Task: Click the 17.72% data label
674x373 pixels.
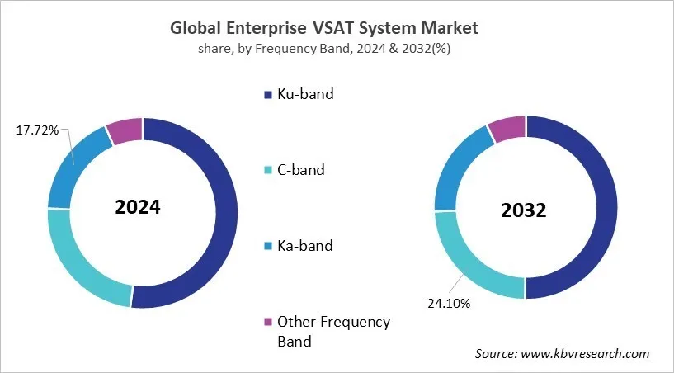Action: click(37, 130)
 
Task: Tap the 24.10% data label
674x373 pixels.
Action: click(448, 304)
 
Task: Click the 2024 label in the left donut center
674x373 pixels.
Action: click(138, 207)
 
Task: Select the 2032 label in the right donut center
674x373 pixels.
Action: click(524, 210)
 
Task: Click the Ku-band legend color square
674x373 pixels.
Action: click(268, 95)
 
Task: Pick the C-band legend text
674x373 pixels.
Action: click(301, 171)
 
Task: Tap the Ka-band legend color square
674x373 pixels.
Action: click(268, 247)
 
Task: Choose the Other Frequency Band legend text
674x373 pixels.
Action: click(333, 331)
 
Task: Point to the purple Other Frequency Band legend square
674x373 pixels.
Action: click(268, 323)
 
